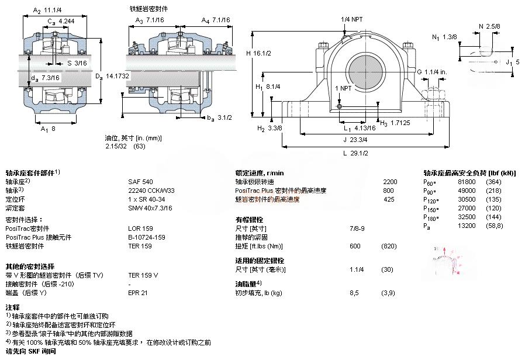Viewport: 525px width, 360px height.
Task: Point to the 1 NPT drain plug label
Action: tap(344, 88)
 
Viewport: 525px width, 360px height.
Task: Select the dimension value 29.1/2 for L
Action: tap(361, 153)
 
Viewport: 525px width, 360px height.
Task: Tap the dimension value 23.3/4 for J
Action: tap(358, 139)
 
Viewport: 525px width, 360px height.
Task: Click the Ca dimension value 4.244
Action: tap(67, 21)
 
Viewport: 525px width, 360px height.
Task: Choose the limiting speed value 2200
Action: tap(390, 182)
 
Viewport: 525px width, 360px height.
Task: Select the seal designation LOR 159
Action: tap(140, 229)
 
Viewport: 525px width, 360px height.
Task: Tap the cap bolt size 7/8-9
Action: tap(357, 229)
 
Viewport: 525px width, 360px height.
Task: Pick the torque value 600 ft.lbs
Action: tap(355, 246)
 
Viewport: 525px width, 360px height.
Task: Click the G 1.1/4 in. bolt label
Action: tap(431, 72)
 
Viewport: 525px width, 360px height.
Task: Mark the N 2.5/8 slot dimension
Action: tap(489, 26)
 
